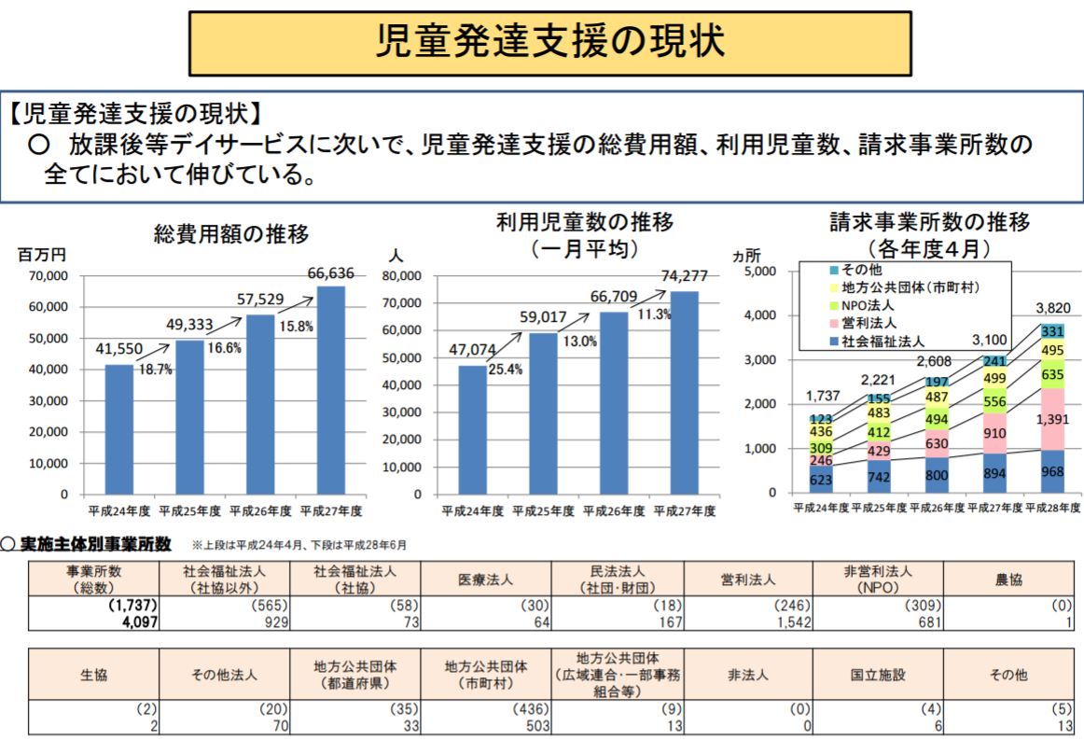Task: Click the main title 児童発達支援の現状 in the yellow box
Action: [550, 43]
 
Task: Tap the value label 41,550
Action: [118, 350]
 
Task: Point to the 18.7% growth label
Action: [155, 370]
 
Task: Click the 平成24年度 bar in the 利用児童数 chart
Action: [472, 429]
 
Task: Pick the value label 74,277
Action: [684, 276]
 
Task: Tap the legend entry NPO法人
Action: [868, 305]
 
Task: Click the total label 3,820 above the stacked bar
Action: [1052, 308]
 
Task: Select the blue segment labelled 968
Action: [1052, 472]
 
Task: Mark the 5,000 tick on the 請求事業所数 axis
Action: [760, 272]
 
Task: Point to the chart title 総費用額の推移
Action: [231, 234]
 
